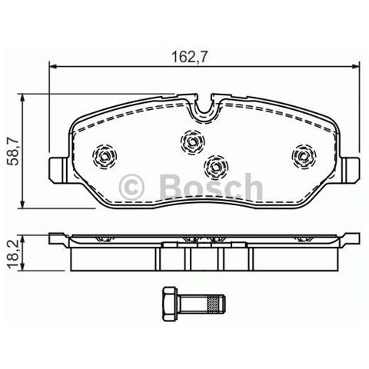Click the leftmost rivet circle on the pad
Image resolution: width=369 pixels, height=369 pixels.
[x=103, y=157]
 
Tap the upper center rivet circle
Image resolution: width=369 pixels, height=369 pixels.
[x=191, y=141]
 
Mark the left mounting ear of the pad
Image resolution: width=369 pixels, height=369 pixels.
[x=55, y=167]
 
